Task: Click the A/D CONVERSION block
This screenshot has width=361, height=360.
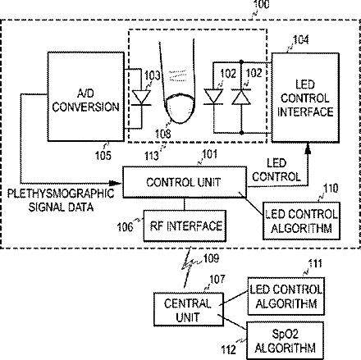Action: [85, 97]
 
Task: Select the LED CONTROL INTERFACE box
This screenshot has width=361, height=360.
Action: [305, 98]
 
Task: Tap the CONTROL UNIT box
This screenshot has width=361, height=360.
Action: [185, 182]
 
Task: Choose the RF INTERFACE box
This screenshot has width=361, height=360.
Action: [185, 226]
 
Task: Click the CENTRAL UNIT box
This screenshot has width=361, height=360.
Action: [188, 309]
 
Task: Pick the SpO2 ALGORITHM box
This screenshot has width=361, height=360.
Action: [286, 340]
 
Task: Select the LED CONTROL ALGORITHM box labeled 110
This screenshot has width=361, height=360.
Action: [301, 221]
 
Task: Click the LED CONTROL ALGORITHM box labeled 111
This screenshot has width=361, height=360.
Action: [286, 296]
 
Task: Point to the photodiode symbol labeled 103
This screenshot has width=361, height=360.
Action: [141, 98]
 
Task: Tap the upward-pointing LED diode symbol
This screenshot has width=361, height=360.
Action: [241, 98]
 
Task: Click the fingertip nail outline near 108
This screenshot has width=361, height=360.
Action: [180, 108]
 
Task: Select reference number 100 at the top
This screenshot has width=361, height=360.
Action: [262, 4]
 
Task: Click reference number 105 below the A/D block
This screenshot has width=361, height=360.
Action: [103, 156]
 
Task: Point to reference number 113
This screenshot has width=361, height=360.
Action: [152, 156]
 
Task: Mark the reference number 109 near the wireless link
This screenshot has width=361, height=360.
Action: [211, 258]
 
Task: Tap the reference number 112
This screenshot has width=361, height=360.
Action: [229, 349]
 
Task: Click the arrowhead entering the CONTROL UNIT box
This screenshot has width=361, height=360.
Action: [117, 183]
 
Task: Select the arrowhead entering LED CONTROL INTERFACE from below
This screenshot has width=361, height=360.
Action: [308, 148]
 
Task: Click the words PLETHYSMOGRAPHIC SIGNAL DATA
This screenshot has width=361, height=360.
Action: [61, 200]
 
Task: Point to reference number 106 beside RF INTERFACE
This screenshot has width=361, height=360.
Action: [125, 227]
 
